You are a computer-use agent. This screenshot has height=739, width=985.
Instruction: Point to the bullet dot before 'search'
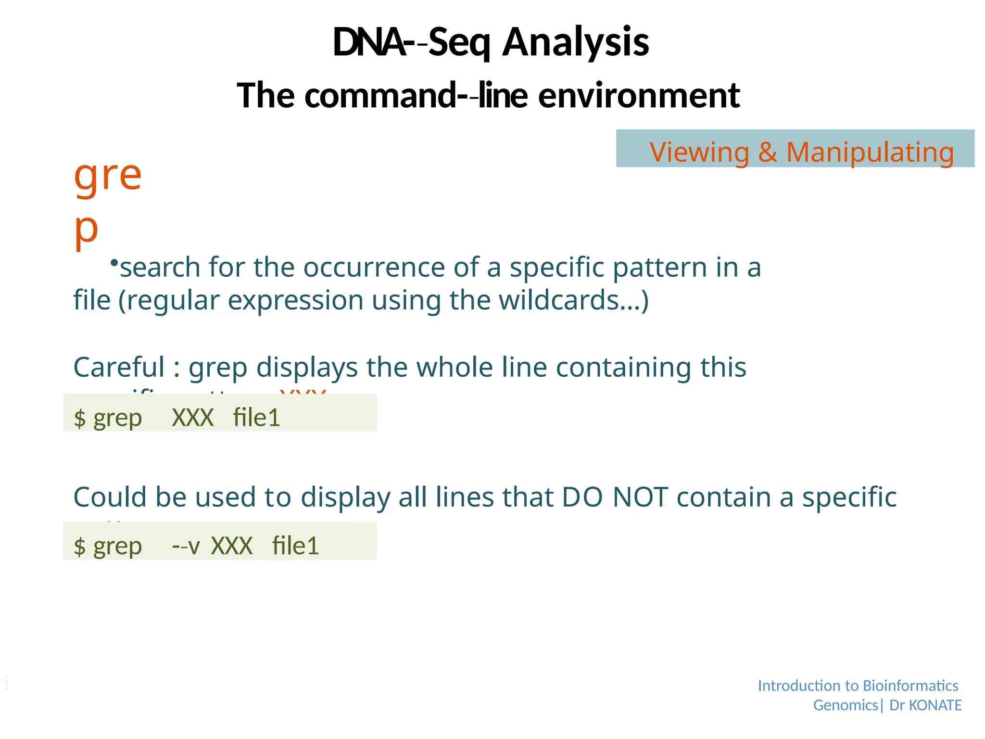point(114,263)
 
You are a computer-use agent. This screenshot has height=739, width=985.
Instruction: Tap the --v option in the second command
point(186,546)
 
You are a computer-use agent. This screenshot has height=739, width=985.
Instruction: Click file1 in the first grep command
point(256,417)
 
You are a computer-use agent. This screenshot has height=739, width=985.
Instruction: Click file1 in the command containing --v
point(295,546)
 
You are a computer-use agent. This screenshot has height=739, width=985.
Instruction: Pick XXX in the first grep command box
point(192,417)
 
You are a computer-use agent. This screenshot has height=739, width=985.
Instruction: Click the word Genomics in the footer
point(845,705)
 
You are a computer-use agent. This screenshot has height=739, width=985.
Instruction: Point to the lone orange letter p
point(86,229)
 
